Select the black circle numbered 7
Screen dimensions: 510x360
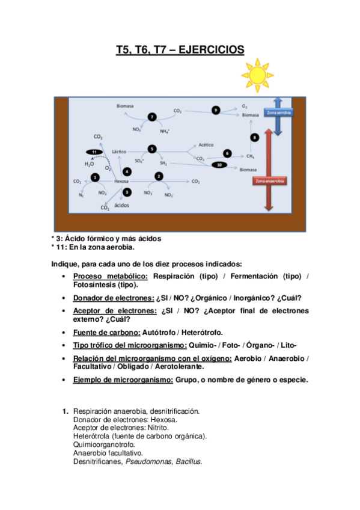(x=152, y=117)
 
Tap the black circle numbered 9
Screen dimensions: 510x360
(x=216, y=109)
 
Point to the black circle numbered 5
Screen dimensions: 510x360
(x=152, y=149)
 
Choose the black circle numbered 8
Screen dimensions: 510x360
(x=255, y=138)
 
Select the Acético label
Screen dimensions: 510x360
(x=206, y=145)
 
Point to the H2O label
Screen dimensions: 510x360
(x=89, y=163)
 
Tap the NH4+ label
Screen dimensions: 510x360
(x=165, y=130)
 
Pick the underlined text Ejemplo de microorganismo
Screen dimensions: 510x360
(x=123, y=379)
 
